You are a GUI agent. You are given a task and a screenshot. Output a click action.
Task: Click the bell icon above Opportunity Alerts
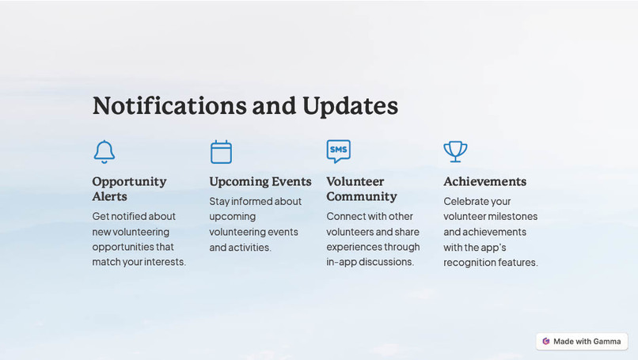coord(104,151)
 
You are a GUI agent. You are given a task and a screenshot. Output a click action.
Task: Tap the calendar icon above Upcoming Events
coord(221,151)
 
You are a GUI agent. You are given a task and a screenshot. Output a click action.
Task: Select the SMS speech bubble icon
coord(338,150)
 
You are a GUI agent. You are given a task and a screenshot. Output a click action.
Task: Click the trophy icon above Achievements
coord(455,151)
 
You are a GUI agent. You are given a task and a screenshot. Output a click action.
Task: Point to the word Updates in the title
coord(350,106)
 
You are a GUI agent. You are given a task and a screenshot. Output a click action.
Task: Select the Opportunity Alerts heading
coord(129,188)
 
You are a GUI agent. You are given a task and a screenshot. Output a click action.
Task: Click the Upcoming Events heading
coord(260,181)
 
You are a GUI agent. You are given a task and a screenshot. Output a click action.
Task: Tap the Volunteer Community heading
coord(362,188)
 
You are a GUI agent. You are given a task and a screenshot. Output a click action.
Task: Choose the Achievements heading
coord(484,181)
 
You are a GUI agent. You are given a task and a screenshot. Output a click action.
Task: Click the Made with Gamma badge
coord(582,341)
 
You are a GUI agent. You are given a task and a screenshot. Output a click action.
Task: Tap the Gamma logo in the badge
coord(546,341)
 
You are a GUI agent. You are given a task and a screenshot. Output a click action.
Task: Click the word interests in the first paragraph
coord(165,262)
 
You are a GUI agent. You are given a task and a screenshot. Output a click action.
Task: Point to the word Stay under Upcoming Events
coord(220,201)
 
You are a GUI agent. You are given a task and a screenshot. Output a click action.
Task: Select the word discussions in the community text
coord(386,262)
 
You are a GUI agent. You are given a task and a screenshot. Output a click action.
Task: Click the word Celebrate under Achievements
coord(466,201)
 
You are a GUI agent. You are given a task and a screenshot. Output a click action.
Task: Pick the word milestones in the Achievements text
coord(512,216)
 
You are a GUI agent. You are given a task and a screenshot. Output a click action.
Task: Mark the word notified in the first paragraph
coord(133,216)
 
